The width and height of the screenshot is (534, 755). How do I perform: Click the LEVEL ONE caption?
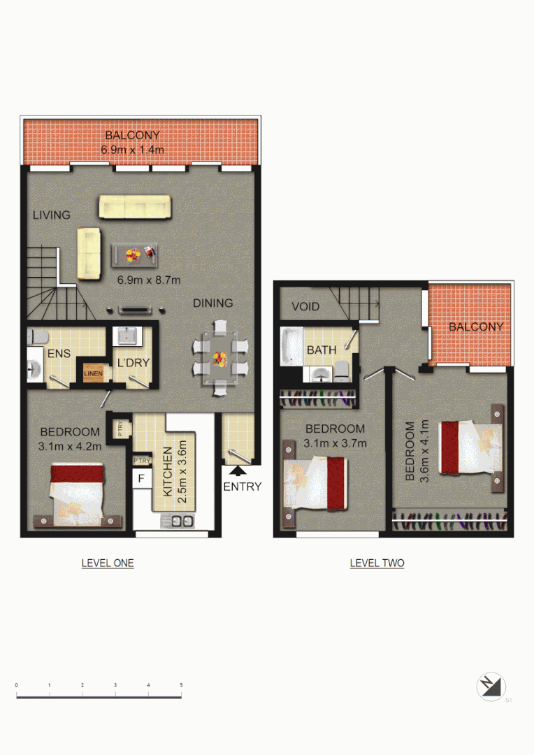(108, 563)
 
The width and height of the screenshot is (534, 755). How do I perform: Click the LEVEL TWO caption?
(377, 563)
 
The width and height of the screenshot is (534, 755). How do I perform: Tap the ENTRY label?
(243, 487)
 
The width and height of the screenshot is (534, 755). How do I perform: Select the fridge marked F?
(141, 479)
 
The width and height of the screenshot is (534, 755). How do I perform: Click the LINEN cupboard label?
(93, 374)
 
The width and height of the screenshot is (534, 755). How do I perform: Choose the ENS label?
(59, 353)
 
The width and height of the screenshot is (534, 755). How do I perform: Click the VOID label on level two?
(305, 307)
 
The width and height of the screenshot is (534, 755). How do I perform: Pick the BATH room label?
(322, 350)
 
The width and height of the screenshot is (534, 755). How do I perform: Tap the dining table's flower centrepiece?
(220, 360)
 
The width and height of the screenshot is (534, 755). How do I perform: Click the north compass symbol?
(491, 686)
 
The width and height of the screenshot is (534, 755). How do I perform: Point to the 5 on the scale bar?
(181, 685)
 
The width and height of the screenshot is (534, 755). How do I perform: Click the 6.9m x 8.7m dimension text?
(149, 280)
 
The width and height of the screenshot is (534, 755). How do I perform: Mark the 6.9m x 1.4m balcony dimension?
(133, 150)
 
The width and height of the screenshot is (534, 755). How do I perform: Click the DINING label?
(213, 303)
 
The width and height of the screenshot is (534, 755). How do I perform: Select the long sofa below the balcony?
(135, 207)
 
